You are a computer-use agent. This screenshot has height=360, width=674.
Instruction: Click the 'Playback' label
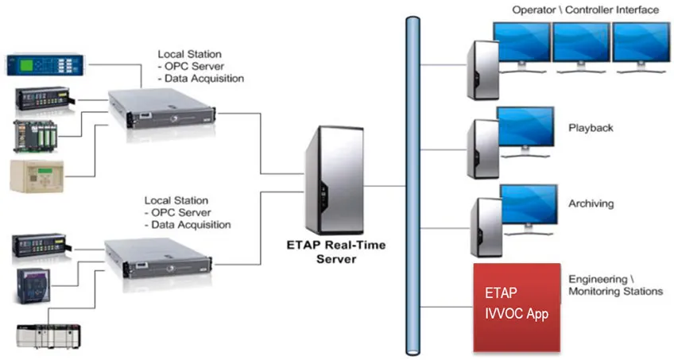tap(591, 127)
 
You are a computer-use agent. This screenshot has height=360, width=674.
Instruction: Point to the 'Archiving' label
tap(591, 203)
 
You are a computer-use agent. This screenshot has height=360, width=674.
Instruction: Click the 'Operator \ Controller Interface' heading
tap(585, 10)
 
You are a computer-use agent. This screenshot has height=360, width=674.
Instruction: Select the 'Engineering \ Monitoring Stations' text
tap(615, 285)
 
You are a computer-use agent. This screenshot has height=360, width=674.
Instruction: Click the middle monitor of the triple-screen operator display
tap(581, 44)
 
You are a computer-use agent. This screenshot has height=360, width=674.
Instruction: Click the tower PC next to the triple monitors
tap(482, 69)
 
